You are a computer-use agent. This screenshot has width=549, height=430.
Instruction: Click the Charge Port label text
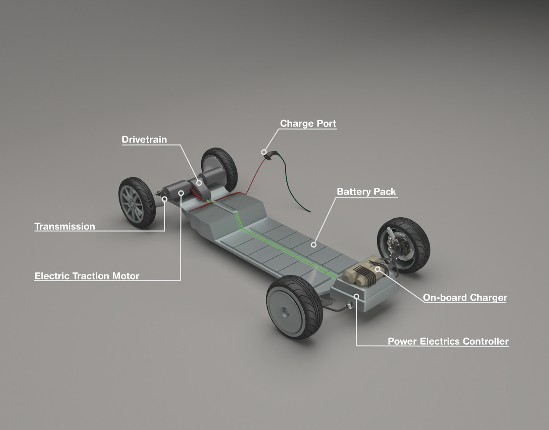pyautogui.click(x=308, y=123)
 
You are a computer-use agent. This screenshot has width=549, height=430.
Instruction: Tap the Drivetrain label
pyautogui.click(x=144, y=139)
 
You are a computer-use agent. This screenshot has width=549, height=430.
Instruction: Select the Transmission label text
pyautogui.click(x=65, y=226)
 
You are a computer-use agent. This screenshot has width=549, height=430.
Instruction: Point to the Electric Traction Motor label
pyautogui.click(x=87, y=276)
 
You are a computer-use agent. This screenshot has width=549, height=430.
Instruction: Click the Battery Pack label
pyautogui.click(x=366, y=191)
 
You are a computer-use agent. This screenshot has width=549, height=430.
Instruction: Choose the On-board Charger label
pyautogui.click(x=465, y=298)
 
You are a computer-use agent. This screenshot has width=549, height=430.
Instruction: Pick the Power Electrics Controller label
pyautogui.click(x=448, y=341)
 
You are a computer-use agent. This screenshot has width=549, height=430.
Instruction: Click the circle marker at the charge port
pyautogui.click(x=263, y=152)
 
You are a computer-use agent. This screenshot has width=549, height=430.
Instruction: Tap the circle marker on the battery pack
pyautogui.click(x=313, y=245)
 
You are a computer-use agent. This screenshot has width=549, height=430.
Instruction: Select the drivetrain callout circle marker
pyautogui.click(x=199, y=183)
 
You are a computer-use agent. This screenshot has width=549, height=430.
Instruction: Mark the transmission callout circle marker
pyautogui.click(x=164, y=199)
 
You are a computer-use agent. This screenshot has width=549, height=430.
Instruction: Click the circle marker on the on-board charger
pyautogui.click(x=377, y=269)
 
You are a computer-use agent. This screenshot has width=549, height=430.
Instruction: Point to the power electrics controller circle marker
pyautogui.click(x=356, y=296)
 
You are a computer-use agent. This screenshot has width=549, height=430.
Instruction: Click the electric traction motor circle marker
pyautogui.click(x=181, y=193)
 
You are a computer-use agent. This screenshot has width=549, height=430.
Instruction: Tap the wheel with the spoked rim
pyautogui.click(x=137, y=202)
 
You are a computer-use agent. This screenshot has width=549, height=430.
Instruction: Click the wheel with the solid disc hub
pyautogui.click(x=294, y=307)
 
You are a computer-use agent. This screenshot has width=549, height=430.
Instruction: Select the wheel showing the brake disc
pyautogui.click(x=403, y=245)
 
